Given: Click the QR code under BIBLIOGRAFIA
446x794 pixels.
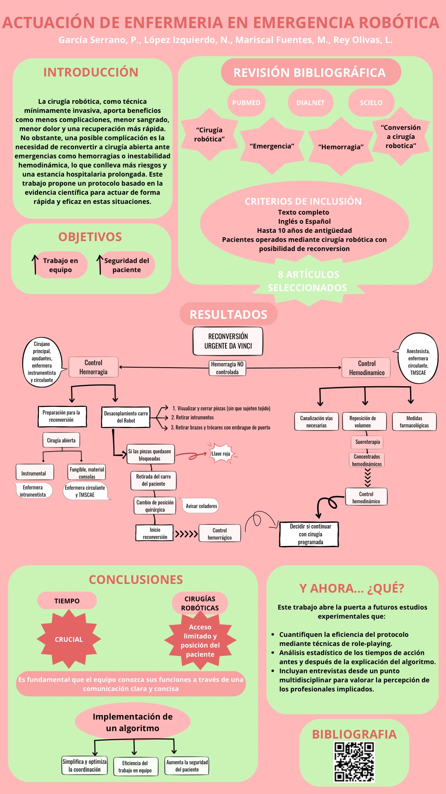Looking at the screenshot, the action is [354, 762].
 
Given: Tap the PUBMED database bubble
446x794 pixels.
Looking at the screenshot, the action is [246, 103].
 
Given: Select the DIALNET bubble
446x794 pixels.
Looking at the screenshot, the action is [311, 103].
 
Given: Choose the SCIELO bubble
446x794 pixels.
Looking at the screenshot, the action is [371, 103].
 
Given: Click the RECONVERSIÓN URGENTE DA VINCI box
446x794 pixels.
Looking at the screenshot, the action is [228, 341].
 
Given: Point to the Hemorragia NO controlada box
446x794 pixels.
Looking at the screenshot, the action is [227, 368].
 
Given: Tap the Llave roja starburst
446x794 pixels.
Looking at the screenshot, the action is [221, 454].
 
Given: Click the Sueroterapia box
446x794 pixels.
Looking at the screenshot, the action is [368, 442].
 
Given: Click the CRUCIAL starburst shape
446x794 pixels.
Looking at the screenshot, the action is [69, 639].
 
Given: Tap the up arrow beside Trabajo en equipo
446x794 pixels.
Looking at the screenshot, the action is [35, 265].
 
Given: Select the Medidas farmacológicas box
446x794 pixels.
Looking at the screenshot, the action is [414, 422].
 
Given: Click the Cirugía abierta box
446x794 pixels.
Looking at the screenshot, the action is [61, 440].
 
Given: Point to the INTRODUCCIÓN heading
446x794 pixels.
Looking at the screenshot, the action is [91, 72].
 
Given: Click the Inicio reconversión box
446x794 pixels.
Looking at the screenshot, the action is [154, 533].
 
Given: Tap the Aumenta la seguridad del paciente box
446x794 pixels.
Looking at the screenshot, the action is [187, 766].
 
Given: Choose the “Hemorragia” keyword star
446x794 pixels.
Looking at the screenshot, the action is [341, 147].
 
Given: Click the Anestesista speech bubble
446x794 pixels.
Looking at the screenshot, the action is [417, 359].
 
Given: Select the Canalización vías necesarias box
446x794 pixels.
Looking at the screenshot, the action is [316, 422].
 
